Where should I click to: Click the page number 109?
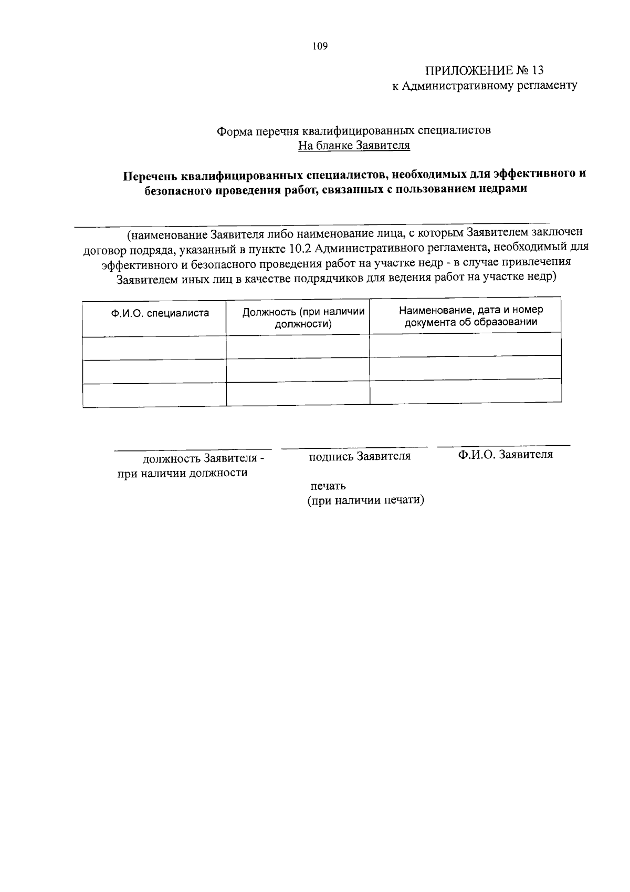point(320,46)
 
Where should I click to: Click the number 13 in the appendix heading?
point(538,70)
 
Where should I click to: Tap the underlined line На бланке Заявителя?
point(354,146)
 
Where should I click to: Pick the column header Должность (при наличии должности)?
point(303,317)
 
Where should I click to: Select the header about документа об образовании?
point(470,316)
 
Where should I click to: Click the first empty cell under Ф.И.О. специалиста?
point(154,348)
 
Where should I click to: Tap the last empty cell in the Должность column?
point(298,394)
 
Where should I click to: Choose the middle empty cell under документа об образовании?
point(465,367)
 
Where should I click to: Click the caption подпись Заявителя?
point(360,456)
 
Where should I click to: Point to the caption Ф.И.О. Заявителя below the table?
point(505,454)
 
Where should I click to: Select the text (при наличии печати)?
point(366,500)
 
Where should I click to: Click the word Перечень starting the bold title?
point(149,176)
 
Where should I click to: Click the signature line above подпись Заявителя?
point(354,448)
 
